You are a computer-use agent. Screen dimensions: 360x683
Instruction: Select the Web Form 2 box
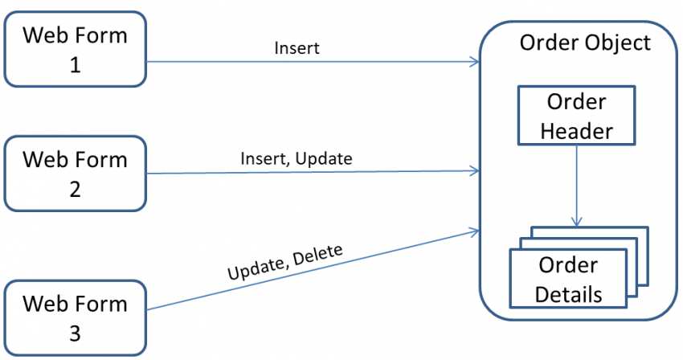pos(76,173)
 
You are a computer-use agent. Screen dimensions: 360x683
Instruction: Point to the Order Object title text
pos(584,42)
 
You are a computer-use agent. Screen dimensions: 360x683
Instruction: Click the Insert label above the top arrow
pos(297,48)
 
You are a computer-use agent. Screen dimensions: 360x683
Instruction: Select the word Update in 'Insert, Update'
pos(324,158)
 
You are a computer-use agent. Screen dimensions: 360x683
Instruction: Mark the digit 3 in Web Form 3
pos(75,332)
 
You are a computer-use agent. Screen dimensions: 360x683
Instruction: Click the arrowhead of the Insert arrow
pos(475,62)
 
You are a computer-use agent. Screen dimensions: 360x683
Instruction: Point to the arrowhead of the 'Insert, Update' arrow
pos(475,170)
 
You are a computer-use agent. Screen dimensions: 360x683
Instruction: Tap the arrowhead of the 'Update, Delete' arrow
pos(474,231)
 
